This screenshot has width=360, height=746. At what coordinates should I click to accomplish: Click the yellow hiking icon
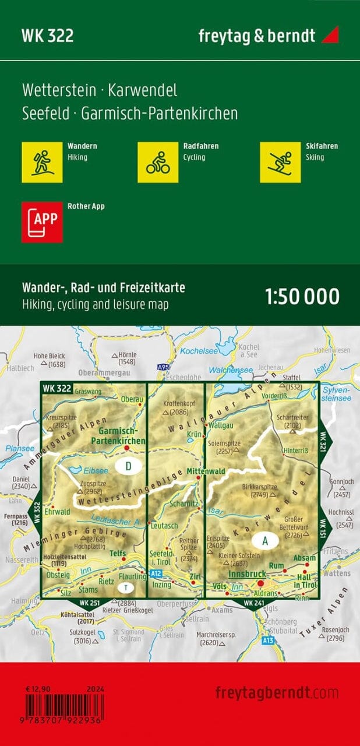41,162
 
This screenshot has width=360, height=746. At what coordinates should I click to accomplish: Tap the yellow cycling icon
158,162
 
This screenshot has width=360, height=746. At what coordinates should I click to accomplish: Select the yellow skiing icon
280,162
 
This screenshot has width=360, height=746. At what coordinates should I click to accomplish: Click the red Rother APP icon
41,221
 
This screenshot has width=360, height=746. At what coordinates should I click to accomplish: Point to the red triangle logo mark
330,34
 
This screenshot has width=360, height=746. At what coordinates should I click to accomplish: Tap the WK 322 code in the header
48,36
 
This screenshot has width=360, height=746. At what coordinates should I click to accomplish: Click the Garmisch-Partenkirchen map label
118,437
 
